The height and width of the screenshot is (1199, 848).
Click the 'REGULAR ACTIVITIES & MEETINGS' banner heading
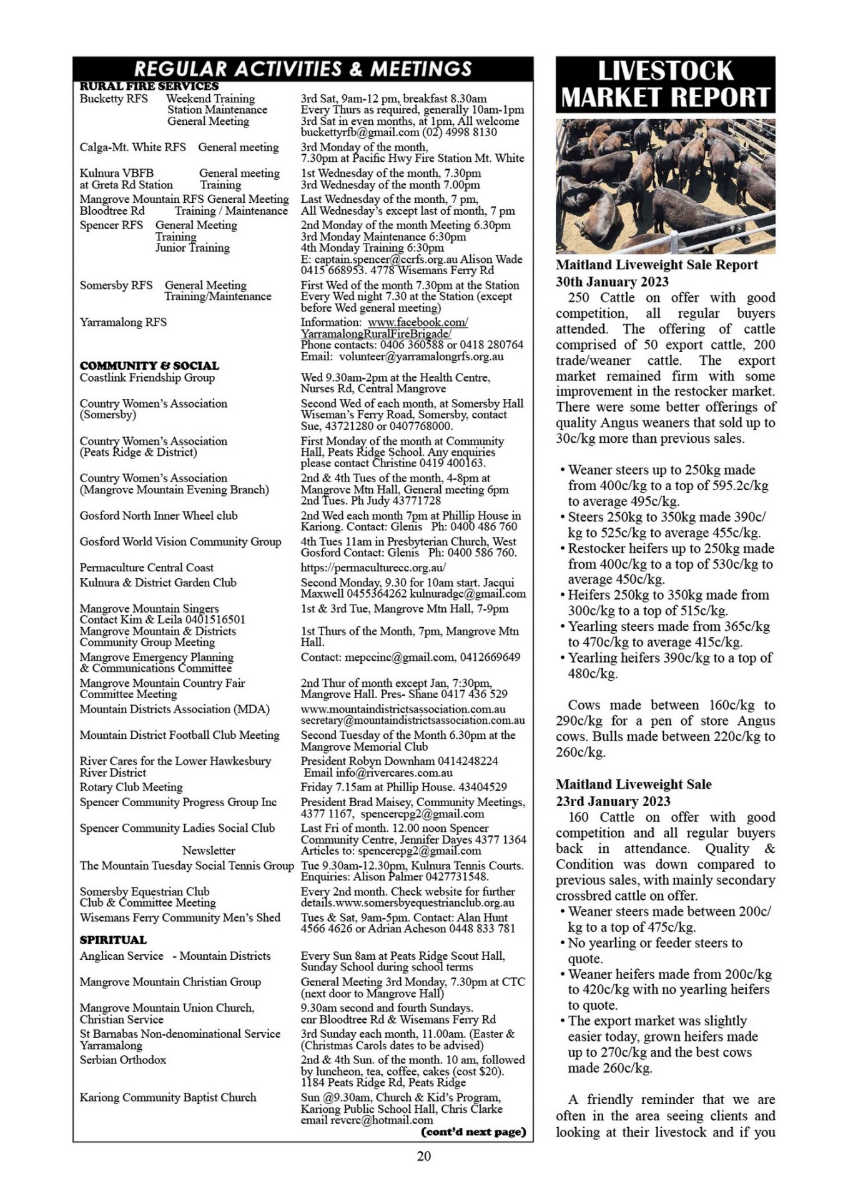[303, 68]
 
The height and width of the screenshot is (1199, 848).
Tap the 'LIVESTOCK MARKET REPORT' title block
[665, 84]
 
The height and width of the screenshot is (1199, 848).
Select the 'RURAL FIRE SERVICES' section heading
[149, 86]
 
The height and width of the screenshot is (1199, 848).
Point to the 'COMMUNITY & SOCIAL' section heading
[149, 365]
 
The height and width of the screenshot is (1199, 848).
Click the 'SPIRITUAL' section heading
[113, 940]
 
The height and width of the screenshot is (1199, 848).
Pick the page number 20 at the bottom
[423, 1156]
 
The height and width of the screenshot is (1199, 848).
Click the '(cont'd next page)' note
[473, 1132]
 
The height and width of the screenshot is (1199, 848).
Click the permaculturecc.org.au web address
[373, 568]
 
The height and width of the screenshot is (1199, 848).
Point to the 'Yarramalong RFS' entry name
[123, 322]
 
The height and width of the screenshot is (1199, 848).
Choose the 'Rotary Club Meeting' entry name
[131, 787]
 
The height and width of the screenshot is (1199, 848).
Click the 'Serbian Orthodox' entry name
[123, 1060]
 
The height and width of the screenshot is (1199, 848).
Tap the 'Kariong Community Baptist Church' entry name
[168, 1097]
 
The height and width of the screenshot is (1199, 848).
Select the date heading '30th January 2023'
[612, 282]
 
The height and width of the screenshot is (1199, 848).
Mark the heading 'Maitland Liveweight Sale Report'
[657, 265]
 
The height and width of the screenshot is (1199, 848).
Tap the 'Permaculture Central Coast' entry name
[146, 568]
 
